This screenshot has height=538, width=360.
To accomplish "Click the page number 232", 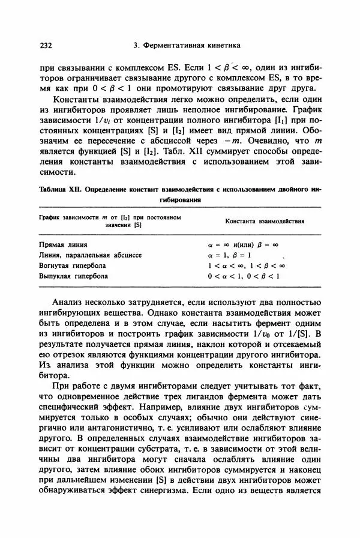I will coord(46,45).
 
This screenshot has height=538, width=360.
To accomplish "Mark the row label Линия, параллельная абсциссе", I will coord(90,255).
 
